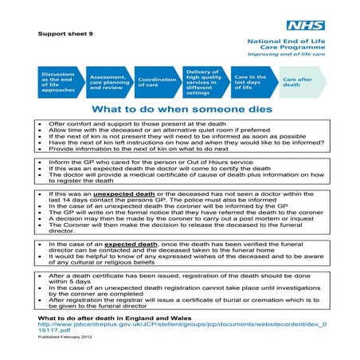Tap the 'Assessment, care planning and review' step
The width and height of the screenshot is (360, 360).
105,80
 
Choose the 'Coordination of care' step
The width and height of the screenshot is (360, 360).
156,80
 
